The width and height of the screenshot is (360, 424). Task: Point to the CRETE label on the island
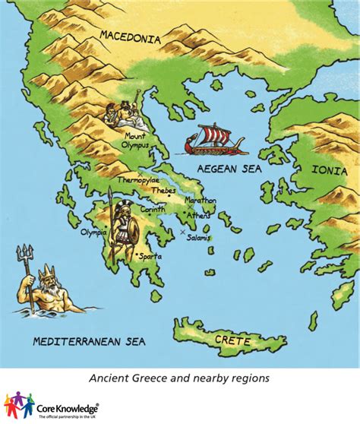click(x=232, y=341)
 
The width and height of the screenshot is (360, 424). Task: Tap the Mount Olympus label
click(x=136, y=141)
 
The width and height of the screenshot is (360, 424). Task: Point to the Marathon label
click(x=200, y=201)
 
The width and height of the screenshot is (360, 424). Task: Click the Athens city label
click(x=199, y=215)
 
